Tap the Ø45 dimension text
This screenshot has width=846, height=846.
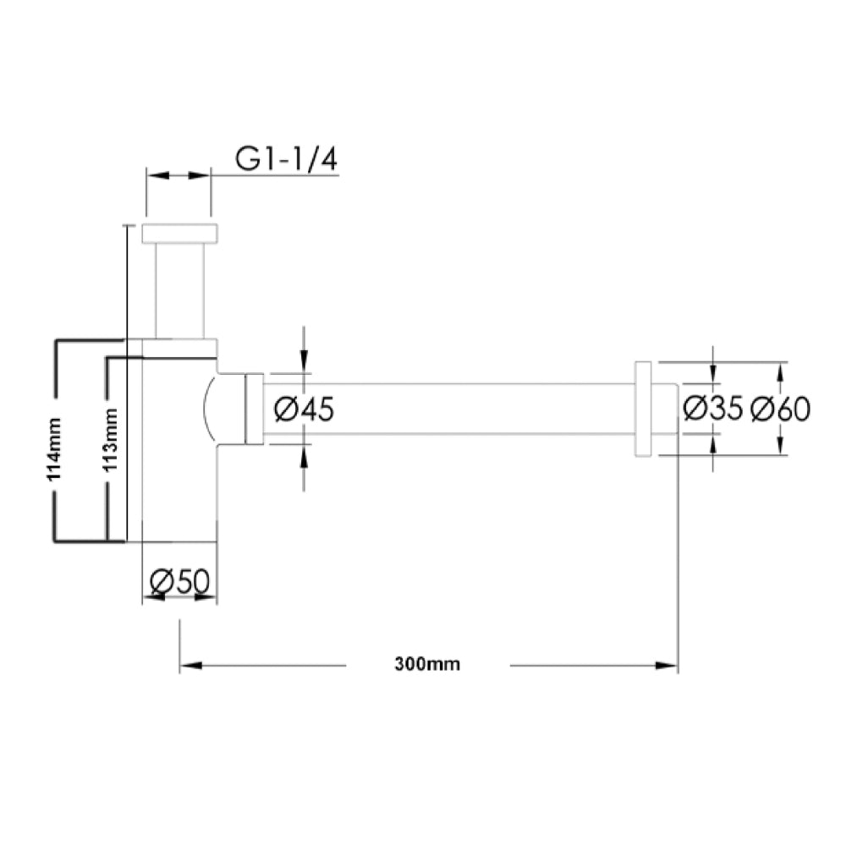pos(305,409)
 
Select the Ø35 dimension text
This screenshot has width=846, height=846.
pos(712,409)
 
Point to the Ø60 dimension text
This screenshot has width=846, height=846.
pos(780,409)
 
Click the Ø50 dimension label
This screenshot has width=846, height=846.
pos(179,581)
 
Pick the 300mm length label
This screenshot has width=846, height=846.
pos(427,664)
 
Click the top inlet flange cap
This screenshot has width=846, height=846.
pos(180,233)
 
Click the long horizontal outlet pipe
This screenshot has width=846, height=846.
pos(448,409)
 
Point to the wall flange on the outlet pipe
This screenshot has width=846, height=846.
pos(643,409)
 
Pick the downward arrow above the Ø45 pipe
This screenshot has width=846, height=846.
pos(304,362)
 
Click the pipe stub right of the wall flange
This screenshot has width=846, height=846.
pos(665,409)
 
